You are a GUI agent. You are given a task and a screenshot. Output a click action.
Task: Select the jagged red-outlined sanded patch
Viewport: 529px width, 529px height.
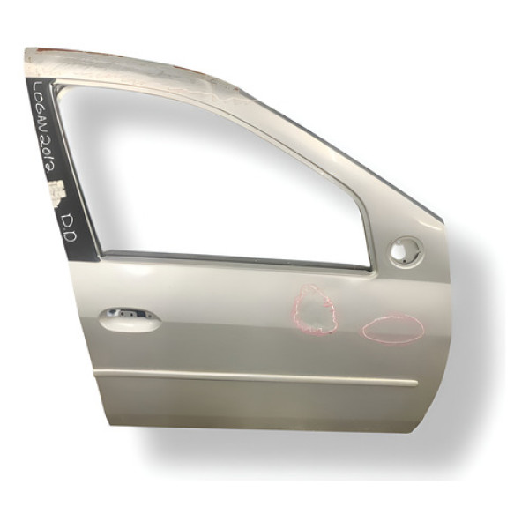(315, 309)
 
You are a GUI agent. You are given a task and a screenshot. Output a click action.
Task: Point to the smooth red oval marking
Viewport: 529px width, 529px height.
(393, 329)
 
